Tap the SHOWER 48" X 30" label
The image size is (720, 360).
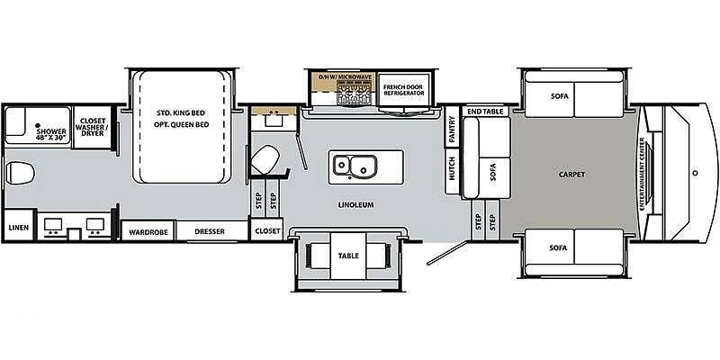coord(51,134)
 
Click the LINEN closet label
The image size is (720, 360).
coord(18,228)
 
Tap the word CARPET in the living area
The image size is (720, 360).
coord(571,174)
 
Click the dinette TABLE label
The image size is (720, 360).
coord(347,255)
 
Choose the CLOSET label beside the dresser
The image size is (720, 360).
coord(267,230)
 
